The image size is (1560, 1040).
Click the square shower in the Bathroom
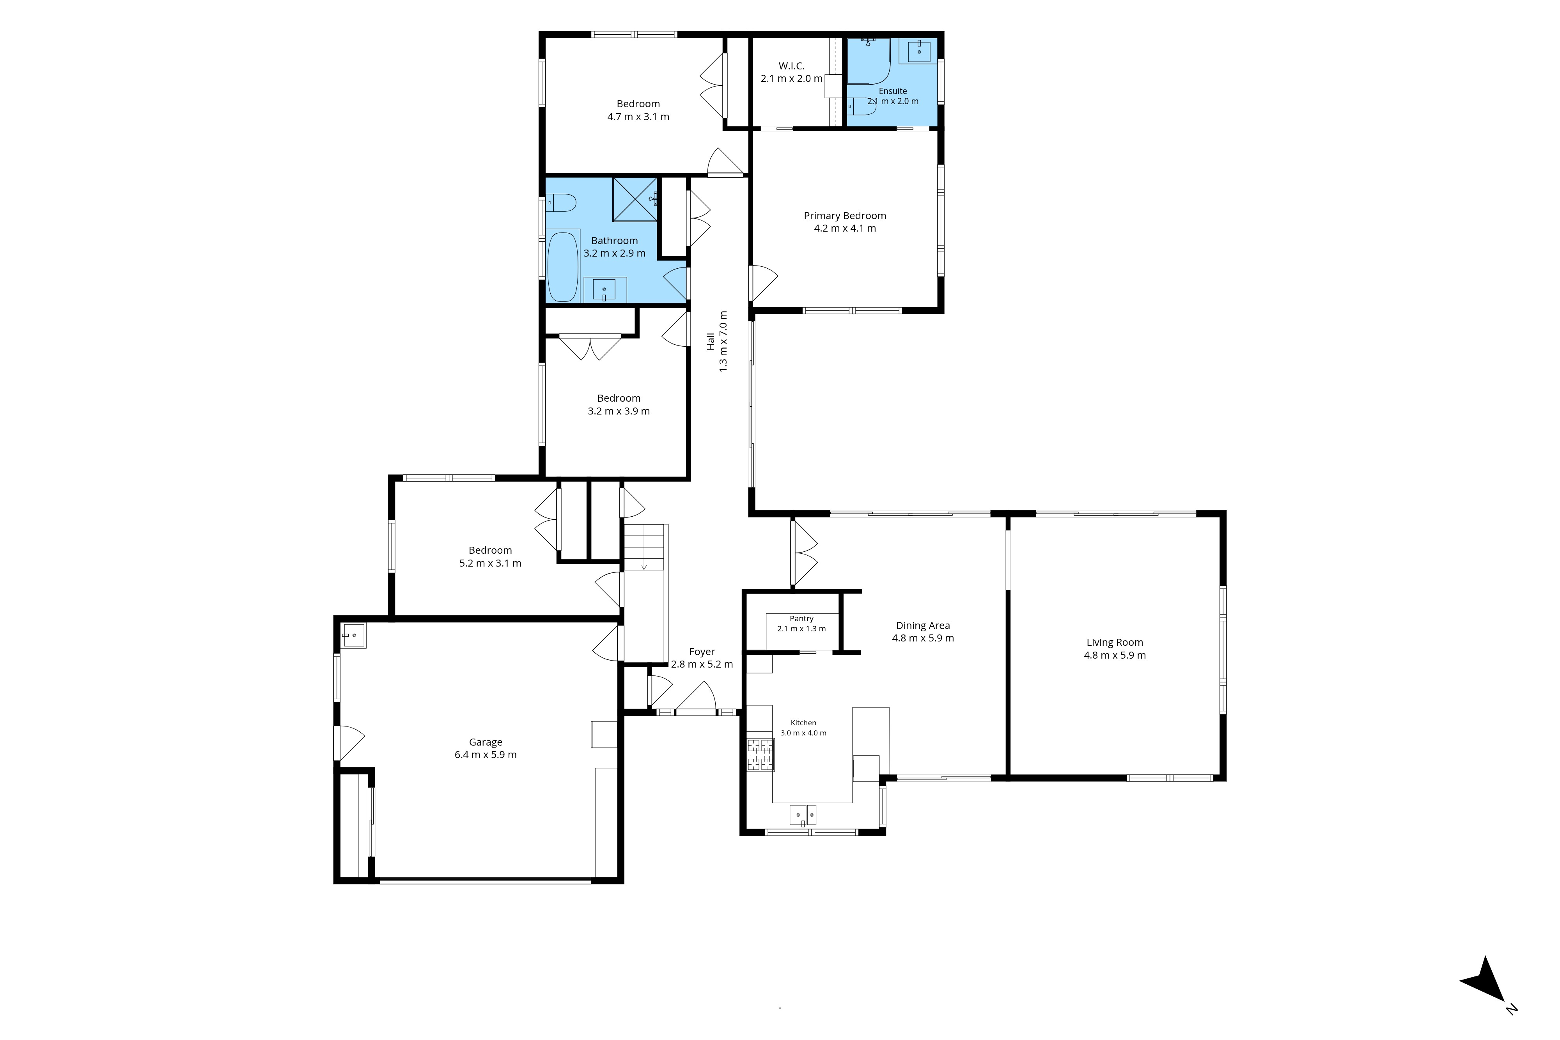click(x=635, y=199)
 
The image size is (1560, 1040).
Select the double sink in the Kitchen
click(x=803, y=815)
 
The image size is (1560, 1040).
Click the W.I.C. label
click(x=791, y=66)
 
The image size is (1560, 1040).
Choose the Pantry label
click(x=801, y=618)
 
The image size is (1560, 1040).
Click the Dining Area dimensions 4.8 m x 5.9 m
click(x=923, y=638)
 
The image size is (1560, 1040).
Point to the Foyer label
click(x=702, y=652)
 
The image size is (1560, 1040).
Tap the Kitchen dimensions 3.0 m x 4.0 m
click(x=803, y=733)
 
